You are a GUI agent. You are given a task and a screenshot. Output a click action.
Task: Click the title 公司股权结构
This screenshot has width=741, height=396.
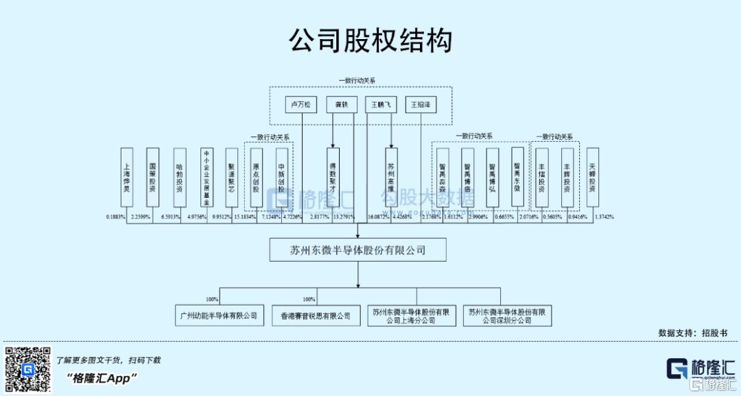point(370,40)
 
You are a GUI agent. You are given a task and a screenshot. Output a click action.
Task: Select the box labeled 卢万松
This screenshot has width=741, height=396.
point(302,105)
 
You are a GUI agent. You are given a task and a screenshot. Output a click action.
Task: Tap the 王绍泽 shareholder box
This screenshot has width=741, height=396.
point(420,105)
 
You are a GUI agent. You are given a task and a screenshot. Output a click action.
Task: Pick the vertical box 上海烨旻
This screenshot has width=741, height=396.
point(126,177)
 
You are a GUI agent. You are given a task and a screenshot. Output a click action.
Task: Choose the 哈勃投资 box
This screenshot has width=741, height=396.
point(179,177)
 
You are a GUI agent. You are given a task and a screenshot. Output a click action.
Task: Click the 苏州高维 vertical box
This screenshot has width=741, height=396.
point(391,177)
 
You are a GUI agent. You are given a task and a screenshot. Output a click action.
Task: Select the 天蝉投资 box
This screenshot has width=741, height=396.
point(592,177)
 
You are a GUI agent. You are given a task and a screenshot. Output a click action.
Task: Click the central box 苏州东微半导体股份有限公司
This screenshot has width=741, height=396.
point(357,250)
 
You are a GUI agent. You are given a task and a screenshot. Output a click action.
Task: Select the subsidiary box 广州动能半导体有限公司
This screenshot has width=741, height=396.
point(217,316)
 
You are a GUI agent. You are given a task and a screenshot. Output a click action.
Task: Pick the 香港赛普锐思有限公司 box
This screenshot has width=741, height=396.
point(316,316)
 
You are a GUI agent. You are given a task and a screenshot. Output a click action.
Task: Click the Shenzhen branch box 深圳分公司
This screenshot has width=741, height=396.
point(508,316)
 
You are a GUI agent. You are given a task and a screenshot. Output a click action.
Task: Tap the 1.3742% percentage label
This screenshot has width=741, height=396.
point(604,216)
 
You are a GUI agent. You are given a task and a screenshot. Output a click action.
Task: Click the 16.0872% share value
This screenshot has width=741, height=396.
point(379,216)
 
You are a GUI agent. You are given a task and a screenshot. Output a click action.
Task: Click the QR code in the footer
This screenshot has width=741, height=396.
point(28,371)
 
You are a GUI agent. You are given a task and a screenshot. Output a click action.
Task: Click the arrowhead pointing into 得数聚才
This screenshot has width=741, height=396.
point(333,146)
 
